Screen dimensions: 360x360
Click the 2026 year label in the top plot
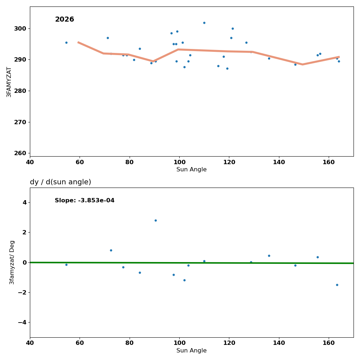tap(64, 19)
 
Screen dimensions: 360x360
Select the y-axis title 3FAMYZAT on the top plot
tap(9, 82)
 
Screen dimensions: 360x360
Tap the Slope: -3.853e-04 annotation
tap(85, 201)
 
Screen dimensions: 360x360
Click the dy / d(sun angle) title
tap(60, 182)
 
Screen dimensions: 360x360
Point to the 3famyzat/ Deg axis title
tap(12, 262)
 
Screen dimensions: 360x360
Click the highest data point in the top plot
tap(204, 23)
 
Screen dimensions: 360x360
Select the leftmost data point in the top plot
tap(66, 42)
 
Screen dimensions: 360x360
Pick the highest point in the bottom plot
tap(156, 220)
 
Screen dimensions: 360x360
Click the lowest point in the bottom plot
tap(337, 285)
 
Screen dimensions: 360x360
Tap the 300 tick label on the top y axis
tap(20, 29)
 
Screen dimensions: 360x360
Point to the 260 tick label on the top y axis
tap(20, 153)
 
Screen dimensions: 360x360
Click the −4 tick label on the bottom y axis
tap(22, 323)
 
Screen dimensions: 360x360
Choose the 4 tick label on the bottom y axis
tap(24, 203)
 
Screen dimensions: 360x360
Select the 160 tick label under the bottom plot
tap(329, 343)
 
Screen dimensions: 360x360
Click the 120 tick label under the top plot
tap(229, 162)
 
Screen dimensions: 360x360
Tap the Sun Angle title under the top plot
tap(192, 170)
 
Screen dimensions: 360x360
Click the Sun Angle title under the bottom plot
tap(192, 351)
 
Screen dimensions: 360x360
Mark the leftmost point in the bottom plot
tap(66, 265)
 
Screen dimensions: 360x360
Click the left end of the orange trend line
tap(78, 42)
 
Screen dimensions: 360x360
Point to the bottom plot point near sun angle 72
tap(111, 250)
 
